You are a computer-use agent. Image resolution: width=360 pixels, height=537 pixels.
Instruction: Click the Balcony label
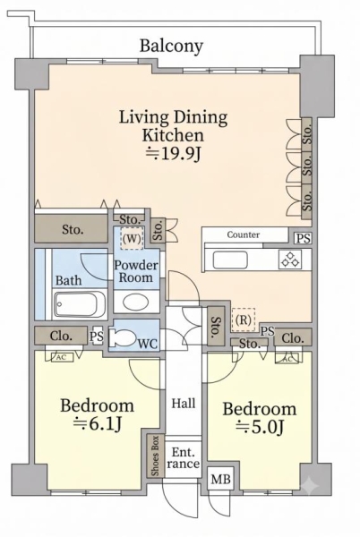[171, 46]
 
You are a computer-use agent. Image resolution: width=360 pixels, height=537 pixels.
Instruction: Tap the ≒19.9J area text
[173, 154]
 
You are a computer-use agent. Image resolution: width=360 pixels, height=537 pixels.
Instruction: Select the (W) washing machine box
[132, 239]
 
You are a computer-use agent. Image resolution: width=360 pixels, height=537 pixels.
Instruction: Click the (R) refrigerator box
[244, 320]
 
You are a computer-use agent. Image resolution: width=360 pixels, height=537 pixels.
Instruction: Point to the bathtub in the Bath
[80, 303]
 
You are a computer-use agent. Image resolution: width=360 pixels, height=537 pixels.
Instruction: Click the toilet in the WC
[123, 337]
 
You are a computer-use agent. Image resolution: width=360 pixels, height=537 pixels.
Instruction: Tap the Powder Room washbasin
[136, 302]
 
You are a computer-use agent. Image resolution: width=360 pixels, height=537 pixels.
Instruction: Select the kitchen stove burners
[290, 260]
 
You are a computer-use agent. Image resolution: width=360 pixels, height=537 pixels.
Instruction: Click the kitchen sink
[230, 260]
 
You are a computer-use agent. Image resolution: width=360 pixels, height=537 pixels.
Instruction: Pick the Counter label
[244, 234]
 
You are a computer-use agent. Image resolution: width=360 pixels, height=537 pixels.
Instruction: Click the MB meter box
[220, 479]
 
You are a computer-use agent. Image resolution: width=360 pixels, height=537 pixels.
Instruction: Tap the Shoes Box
[155, 456]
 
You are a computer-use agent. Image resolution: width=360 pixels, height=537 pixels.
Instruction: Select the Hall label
[184, 403]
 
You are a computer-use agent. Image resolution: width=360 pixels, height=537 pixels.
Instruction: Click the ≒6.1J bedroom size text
[98, 424]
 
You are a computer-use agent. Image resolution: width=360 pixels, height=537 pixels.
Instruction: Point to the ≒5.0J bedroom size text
[260, 427]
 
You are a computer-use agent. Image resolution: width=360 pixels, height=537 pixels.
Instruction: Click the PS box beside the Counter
[303, 238]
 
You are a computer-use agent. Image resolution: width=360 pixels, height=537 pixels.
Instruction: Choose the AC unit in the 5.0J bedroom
[287, 359]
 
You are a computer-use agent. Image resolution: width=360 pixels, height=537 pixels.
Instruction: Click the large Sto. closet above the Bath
[72, 229]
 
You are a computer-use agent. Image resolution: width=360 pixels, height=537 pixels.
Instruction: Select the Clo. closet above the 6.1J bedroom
[61, 336]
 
